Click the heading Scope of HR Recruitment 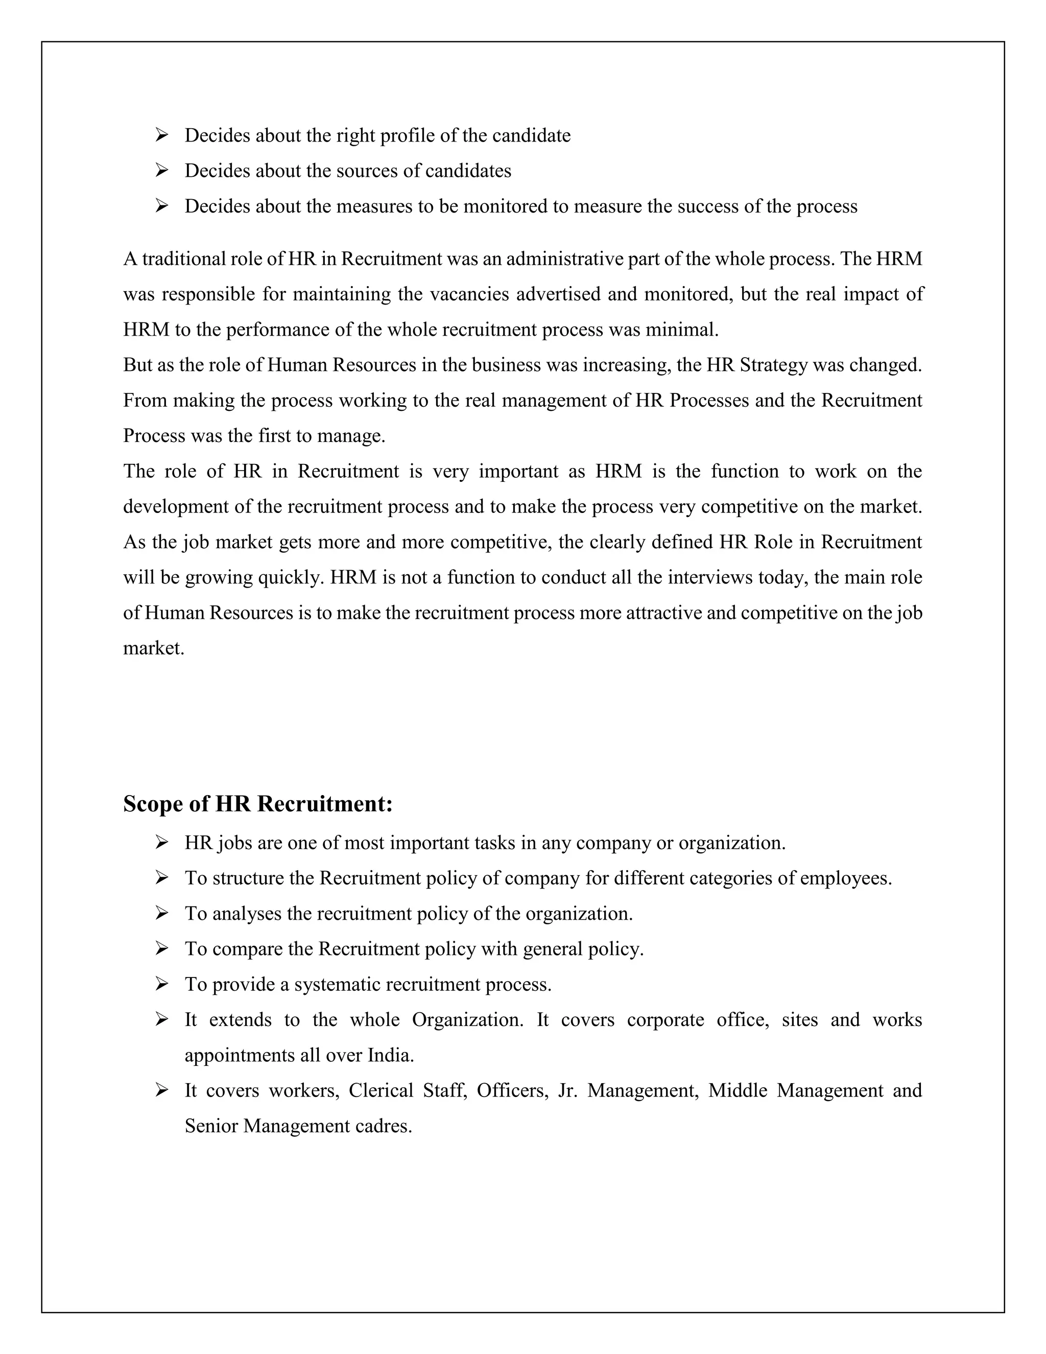coord(258,804)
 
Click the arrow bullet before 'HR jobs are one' coord(162,842)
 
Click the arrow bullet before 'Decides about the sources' coord(162,170)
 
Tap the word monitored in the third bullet coord(506,206)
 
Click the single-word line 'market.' coord(154,648)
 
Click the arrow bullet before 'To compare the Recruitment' coord(162,948)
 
